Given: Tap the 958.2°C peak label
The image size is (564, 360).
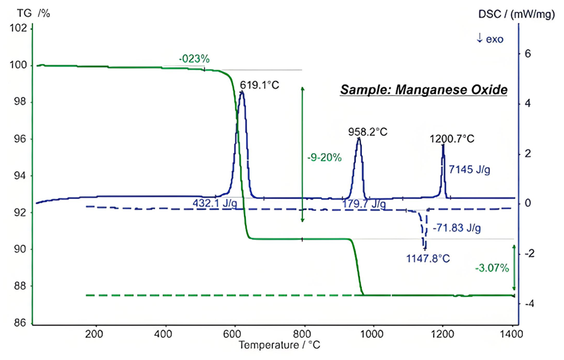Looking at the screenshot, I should [x=367, y=132].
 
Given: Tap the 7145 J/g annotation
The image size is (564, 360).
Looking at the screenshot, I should [x=469, y=170].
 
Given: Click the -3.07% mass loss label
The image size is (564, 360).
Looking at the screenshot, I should [x=492, y=267].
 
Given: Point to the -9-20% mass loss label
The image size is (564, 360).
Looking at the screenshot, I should [x=324, y=157].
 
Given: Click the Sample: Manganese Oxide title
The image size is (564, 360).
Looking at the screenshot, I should [x=423, y=90].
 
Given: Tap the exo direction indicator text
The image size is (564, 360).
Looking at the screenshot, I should [x=492, y=38].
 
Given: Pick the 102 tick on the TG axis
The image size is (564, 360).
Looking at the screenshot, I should [x=20, y=28].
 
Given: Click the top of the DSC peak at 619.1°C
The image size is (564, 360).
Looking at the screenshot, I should [x=241, y=92].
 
